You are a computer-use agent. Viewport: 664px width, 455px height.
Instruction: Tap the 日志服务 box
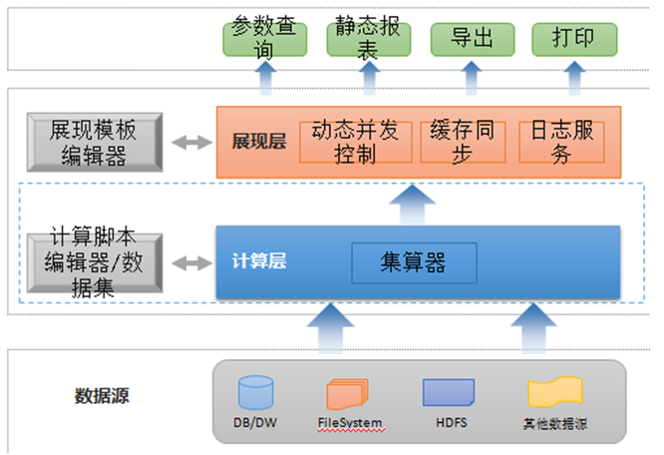click(x=562, y=142)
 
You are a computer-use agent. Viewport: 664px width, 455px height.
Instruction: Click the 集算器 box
click(x=413, y=262)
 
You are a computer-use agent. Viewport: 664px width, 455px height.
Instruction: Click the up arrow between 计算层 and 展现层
click(x=413, y=204)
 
